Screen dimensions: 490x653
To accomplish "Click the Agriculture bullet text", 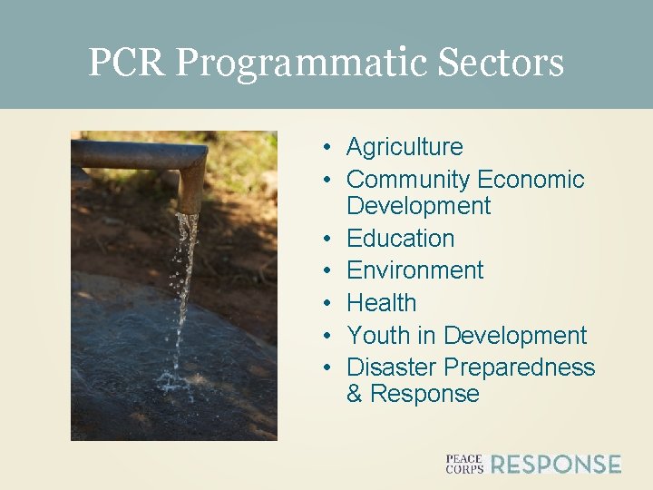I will pos(404,147).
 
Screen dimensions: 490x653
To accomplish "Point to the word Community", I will pos(407,180).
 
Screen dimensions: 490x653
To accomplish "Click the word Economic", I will pos(531,180).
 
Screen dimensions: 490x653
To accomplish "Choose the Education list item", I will pos(400,239).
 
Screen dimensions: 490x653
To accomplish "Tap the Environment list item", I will pos(414,270).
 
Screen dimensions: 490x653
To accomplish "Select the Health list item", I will pos(381,303).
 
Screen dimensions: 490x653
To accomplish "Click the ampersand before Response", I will pos(355,394).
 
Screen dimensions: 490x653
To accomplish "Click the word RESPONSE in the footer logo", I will pos(556,465).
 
